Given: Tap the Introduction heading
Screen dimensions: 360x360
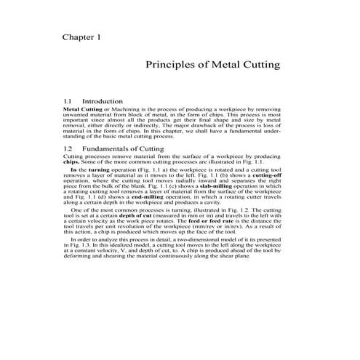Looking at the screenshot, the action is (x=103, y=101).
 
